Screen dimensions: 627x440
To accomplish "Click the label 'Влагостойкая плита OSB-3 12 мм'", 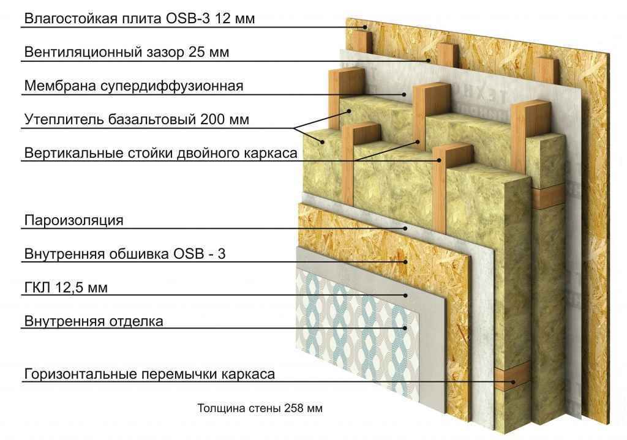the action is click(x=140, y=18).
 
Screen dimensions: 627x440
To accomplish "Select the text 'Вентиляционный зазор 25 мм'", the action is click(x=127, y=52).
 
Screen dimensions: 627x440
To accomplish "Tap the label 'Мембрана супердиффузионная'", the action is click(x=133, y=86).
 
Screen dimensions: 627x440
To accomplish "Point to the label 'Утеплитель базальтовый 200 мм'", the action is click(x=137, y=119).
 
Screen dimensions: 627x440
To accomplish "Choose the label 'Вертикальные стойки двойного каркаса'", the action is click(x=161, y=153).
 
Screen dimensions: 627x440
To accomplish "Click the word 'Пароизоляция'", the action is click(x=73, y=220).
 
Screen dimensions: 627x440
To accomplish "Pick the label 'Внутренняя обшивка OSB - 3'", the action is click(x=125, y=254).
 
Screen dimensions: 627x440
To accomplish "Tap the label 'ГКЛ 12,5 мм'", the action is click(x=66, y=288).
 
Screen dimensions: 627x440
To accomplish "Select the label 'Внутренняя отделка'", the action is click(x=94, y=321).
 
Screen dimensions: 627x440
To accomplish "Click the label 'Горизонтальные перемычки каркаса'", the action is click(x=149, y=374).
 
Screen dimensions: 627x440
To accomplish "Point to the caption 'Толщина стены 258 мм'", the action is click(x=260, y=408).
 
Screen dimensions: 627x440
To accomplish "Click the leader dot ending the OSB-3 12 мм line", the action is click(x=365, y=27).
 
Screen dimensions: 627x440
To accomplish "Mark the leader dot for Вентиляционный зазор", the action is click(x=428, y=61).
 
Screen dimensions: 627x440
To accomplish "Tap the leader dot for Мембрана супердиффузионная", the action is click(x=404, y=95).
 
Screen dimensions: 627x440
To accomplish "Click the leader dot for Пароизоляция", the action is click(x=405, y=229).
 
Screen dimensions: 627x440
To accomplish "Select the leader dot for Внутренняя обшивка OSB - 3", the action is click(x=405, y=262).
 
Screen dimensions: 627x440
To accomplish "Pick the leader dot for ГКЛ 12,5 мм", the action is click(x=405, y=296).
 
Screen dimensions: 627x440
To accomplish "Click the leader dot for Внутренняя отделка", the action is click(x=405, y=328).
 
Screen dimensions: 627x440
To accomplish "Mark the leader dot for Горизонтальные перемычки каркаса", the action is click(x=514, y=382).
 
